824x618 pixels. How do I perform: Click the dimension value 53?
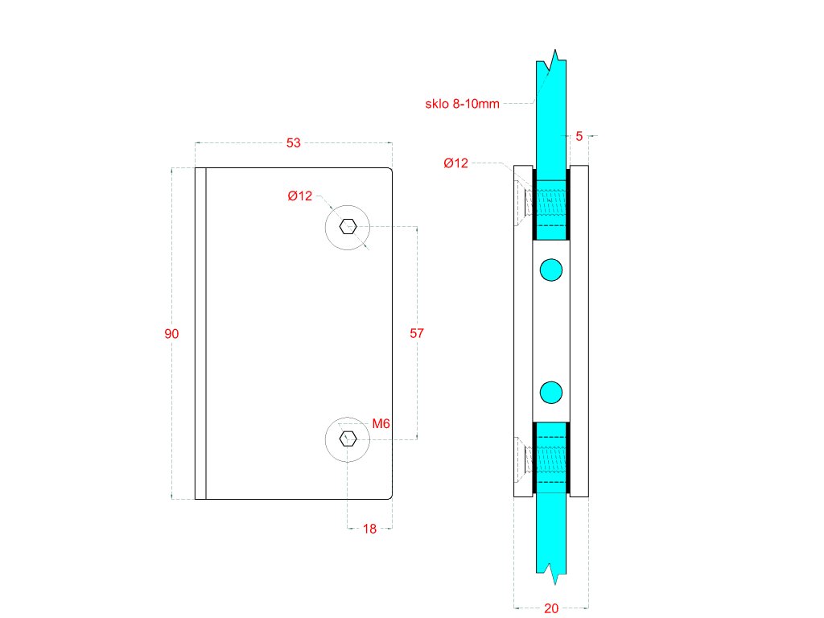[x=294, y=143]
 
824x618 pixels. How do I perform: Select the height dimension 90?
[x=171, y=334]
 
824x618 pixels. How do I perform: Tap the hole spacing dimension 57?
[x=417, y=332]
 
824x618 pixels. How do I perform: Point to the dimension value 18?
[x=369, y=529]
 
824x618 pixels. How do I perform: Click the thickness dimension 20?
[x=551, y=608]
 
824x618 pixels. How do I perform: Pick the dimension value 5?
[x=579, y=137]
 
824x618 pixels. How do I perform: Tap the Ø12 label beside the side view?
[x=455, y=163]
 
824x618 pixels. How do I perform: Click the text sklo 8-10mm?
[x=462, y=103]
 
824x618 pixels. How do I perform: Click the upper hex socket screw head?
[x=348, y=226]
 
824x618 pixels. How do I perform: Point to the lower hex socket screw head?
[x=348, y=439]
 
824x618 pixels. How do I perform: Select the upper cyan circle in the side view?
[x=551, y=270]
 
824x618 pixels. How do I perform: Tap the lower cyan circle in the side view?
[x=551, y=392]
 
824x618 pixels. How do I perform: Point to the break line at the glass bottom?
[x=552, y=573]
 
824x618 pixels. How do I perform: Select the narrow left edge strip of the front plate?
[x=200, y=333]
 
